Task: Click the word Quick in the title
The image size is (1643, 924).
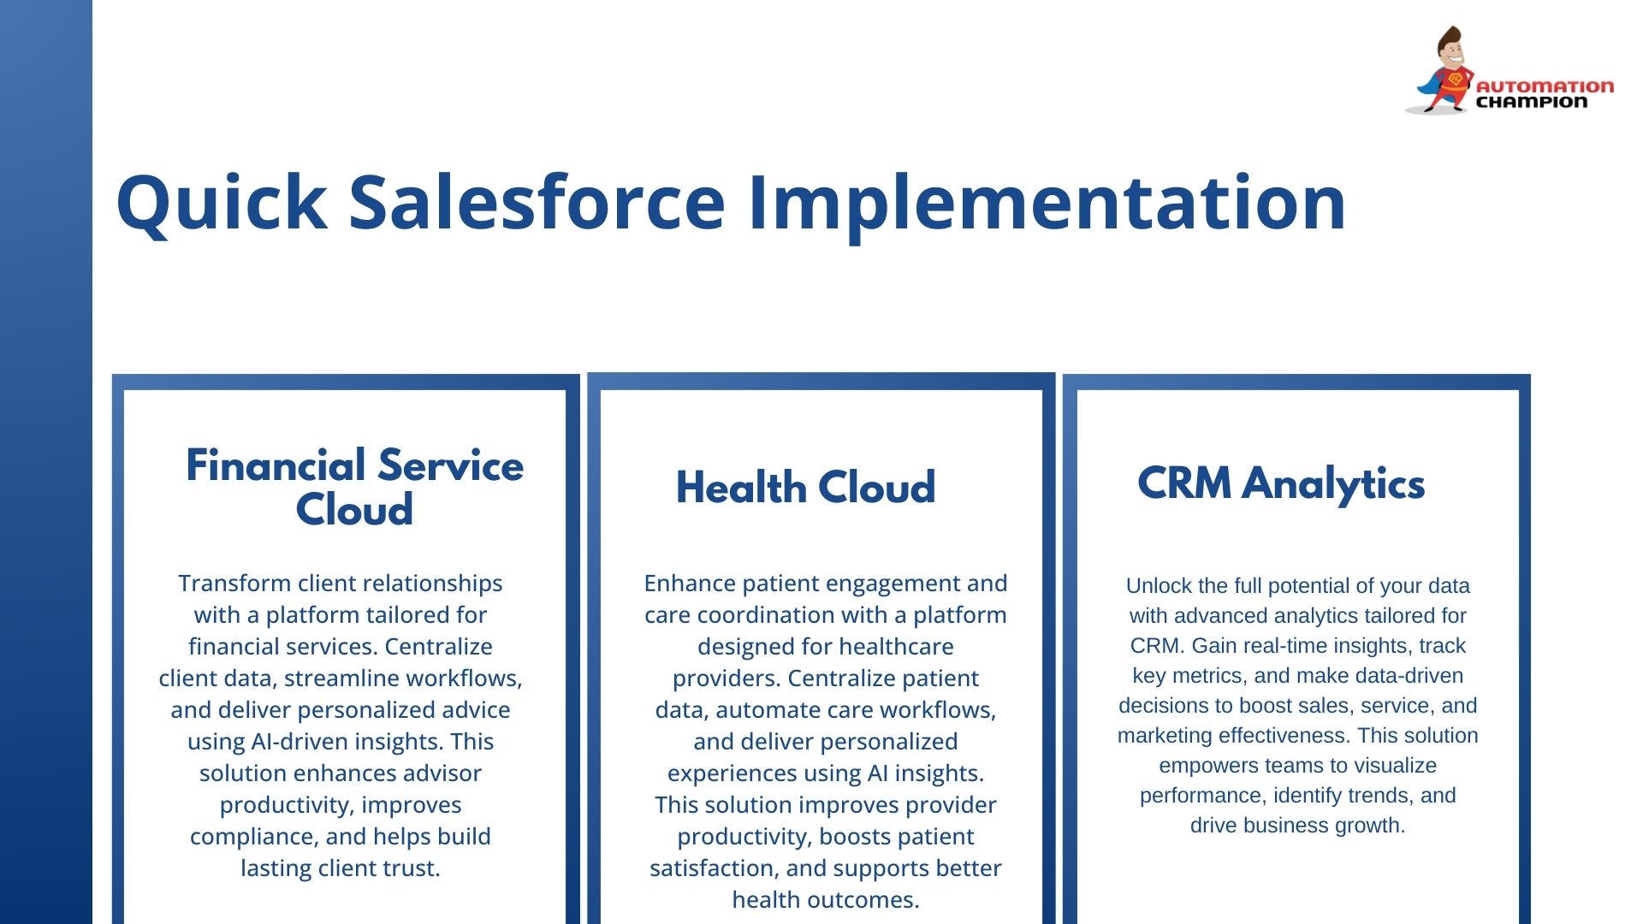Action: (221, 204)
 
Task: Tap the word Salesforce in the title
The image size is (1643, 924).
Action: (537, 202)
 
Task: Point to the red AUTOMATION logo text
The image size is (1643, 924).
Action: (1545, 86)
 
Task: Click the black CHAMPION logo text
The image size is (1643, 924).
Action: (1532, 102)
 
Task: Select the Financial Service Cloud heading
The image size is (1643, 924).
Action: (354, 487)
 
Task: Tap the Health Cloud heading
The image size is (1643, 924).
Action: (805, 488)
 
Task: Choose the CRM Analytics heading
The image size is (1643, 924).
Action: (1281, 484)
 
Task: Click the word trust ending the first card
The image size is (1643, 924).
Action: (412, 868)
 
